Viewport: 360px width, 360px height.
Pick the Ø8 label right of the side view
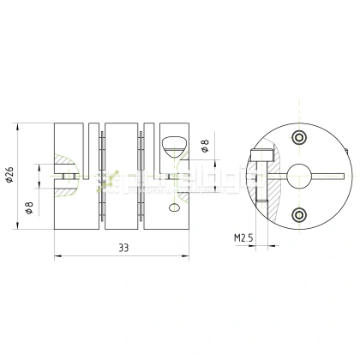[x=205, y=148]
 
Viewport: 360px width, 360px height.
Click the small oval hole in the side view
[x=175, y=207]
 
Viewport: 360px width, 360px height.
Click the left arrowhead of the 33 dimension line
[x=57, y=255]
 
